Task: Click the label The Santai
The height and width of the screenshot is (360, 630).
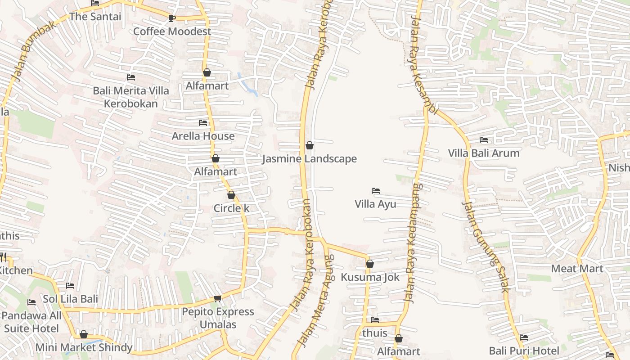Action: tap(95, 17)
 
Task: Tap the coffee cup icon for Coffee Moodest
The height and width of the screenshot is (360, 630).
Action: tap(171, 18)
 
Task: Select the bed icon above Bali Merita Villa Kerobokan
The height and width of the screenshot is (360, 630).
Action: tap(131, 77)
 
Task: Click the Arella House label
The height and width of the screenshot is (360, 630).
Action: tap(203, 136)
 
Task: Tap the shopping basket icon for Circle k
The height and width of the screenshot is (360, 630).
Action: tap(231, 195)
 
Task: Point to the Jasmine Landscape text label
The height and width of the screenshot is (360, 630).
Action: tap(309, 159)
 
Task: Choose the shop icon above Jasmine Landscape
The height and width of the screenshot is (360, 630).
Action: tap(310, 145)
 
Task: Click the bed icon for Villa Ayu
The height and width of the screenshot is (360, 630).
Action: tap(376, 191)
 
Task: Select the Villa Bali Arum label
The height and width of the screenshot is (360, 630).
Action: tap(484, 153)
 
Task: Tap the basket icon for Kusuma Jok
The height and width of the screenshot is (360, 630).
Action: tap(370, 264)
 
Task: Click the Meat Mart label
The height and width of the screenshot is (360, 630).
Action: tap(577, 269)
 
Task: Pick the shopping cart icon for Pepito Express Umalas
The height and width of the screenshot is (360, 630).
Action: tap(218, 298)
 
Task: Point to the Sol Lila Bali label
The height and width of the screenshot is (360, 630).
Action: tap(70, 299)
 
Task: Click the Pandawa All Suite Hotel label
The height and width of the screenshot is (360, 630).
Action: tap(31, 322)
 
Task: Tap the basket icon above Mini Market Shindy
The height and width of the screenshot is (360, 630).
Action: tap(84, 334)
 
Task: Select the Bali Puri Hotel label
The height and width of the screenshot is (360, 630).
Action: tap(524, 351)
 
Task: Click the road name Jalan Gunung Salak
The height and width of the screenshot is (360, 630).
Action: tap(486, 247)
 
